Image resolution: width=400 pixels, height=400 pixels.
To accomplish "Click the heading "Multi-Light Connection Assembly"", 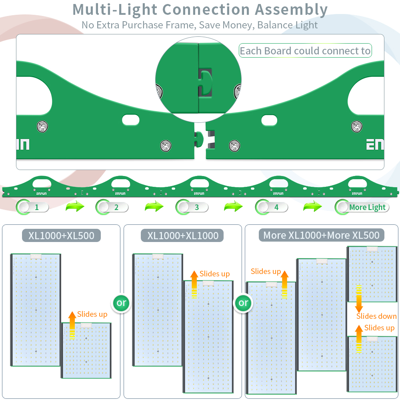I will [x=200, y=10].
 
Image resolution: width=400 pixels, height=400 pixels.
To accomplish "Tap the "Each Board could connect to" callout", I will [x=305, y=51].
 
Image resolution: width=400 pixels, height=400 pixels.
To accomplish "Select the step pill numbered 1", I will [x=32, y=207].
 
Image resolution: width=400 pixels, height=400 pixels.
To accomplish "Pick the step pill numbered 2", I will [x=112, y=207].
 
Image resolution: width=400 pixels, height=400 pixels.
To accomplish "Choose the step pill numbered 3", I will [x=192, y=207].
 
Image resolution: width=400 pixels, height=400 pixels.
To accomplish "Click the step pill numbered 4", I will [x=272, y=207].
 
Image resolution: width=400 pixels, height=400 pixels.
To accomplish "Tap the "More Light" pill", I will [x=362, y=207].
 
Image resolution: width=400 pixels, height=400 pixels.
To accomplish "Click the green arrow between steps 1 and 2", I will [x=75, y=207].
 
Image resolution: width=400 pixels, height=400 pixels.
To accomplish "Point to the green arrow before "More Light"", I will [x=312, y=207].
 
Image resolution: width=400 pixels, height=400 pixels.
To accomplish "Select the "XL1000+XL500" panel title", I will [x=61, y=235].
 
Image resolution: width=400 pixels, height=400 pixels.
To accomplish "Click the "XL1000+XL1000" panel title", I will [x=183, y=235].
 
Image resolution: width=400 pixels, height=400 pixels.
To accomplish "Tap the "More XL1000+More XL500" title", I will [x=321, y=235].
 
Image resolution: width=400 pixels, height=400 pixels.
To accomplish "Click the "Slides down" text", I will [x=376, y=316].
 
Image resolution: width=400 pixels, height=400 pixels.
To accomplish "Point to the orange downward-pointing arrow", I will [x=359, y=299].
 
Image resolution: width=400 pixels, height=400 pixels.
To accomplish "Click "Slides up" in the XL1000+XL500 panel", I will [x=92, y=314].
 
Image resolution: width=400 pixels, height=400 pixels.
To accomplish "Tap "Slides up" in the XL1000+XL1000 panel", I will [x=214, y=274].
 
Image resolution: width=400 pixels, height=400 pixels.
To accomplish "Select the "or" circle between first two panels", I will [x=121, y=303].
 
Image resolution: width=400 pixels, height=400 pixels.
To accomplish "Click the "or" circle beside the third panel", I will [x=243, y=303].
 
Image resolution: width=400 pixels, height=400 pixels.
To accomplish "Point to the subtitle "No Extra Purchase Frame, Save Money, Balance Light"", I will [x=200, y=25].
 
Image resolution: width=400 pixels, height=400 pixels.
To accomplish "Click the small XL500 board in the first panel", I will [x=86, y=350].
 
